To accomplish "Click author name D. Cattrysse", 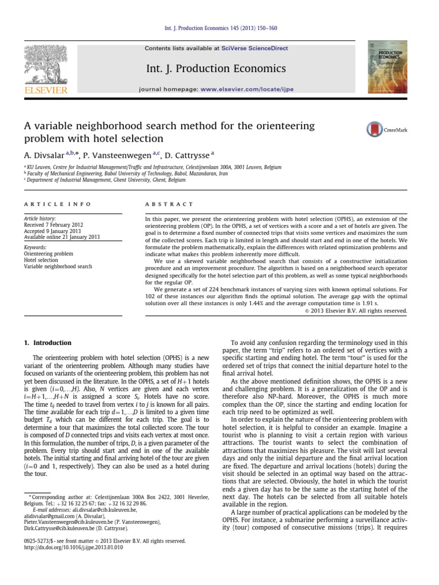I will click(x=189, y=154).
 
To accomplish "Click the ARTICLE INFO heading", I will click(x=50, y=204).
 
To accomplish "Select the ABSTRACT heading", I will click(x=170, y=204).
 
